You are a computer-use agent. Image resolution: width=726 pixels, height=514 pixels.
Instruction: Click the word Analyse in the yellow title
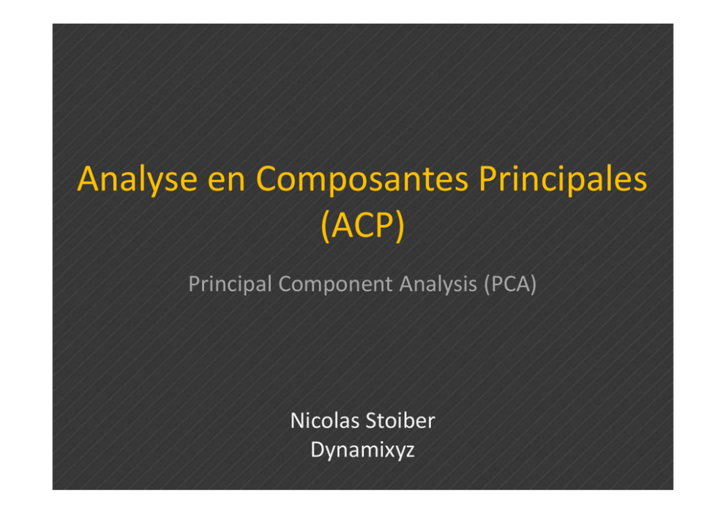pyautogui.click(x=138, y=180)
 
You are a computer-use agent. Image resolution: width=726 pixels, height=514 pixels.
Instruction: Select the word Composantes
pyautogui.click(x=362, y=179)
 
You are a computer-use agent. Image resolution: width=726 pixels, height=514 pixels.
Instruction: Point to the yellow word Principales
pyautogui.click(x=563, y=180)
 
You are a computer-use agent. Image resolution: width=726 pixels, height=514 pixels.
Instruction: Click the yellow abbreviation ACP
pyautogui.click(x=362, y=225)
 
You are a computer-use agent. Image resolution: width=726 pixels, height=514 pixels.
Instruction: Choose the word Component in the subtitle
pyautogui.click(x=336, y=284)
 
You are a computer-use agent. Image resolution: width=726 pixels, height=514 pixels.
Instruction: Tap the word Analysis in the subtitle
pyautogui.click(x=438, y=284)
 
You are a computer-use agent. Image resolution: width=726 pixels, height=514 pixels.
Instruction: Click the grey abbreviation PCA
pyautogui.click(x=510, y=284)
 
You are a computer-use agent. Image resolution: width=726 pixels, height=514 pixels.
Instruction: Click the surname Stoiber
pyautogui.click(x=400, y=420)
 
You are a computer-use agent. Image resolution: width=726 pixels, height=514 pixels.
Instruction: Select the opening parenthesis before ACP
pyautogui.click(x=326, y=226)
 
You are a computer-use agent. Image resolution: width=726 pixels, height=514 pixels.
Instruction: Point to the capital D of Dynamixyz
pyautogui.click(x=318, y=449)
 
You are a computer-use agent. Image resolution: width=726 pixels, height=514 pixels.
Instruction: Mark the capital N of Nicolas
pyautogui.click(x=298, y=421)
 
